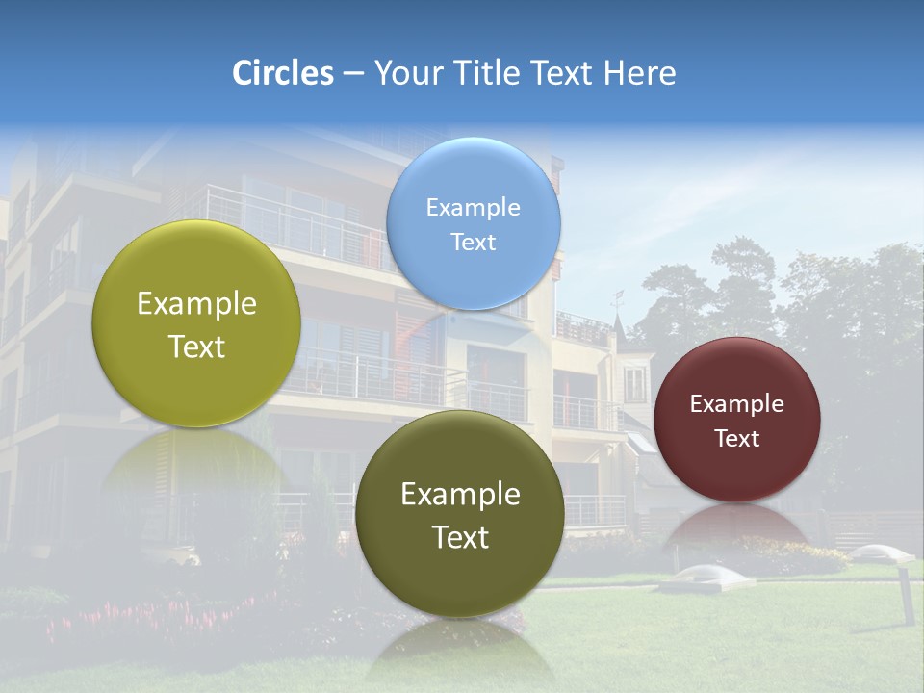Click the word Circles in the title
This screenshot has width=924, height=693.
(283, 73)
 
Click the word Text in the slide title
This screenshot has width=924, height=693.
(562, 73)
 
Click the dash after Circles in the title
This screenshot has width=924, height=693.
(353, 74)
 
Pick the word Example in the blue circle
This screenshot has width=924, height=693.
(473, 207)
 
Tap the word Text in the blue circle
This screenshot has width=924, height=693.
(473, 242)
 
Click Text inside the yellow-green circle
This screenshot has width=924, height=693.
(196, 346)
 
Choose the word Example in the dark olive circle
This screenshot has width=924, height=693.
(460, 494)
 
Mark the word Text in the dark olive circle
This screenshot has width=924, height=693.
(460, 537)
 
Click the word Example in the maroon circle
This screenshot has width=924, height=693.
(736, 403)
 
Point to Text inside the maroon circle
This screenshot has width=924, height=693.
(736, 438)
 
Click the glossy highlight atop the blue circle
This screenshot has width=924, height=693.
(473, 159)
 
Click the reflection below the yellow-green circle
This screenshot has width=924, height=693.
(196, 462)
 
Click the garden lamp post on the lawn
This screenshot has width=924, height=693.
(904, 594)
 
